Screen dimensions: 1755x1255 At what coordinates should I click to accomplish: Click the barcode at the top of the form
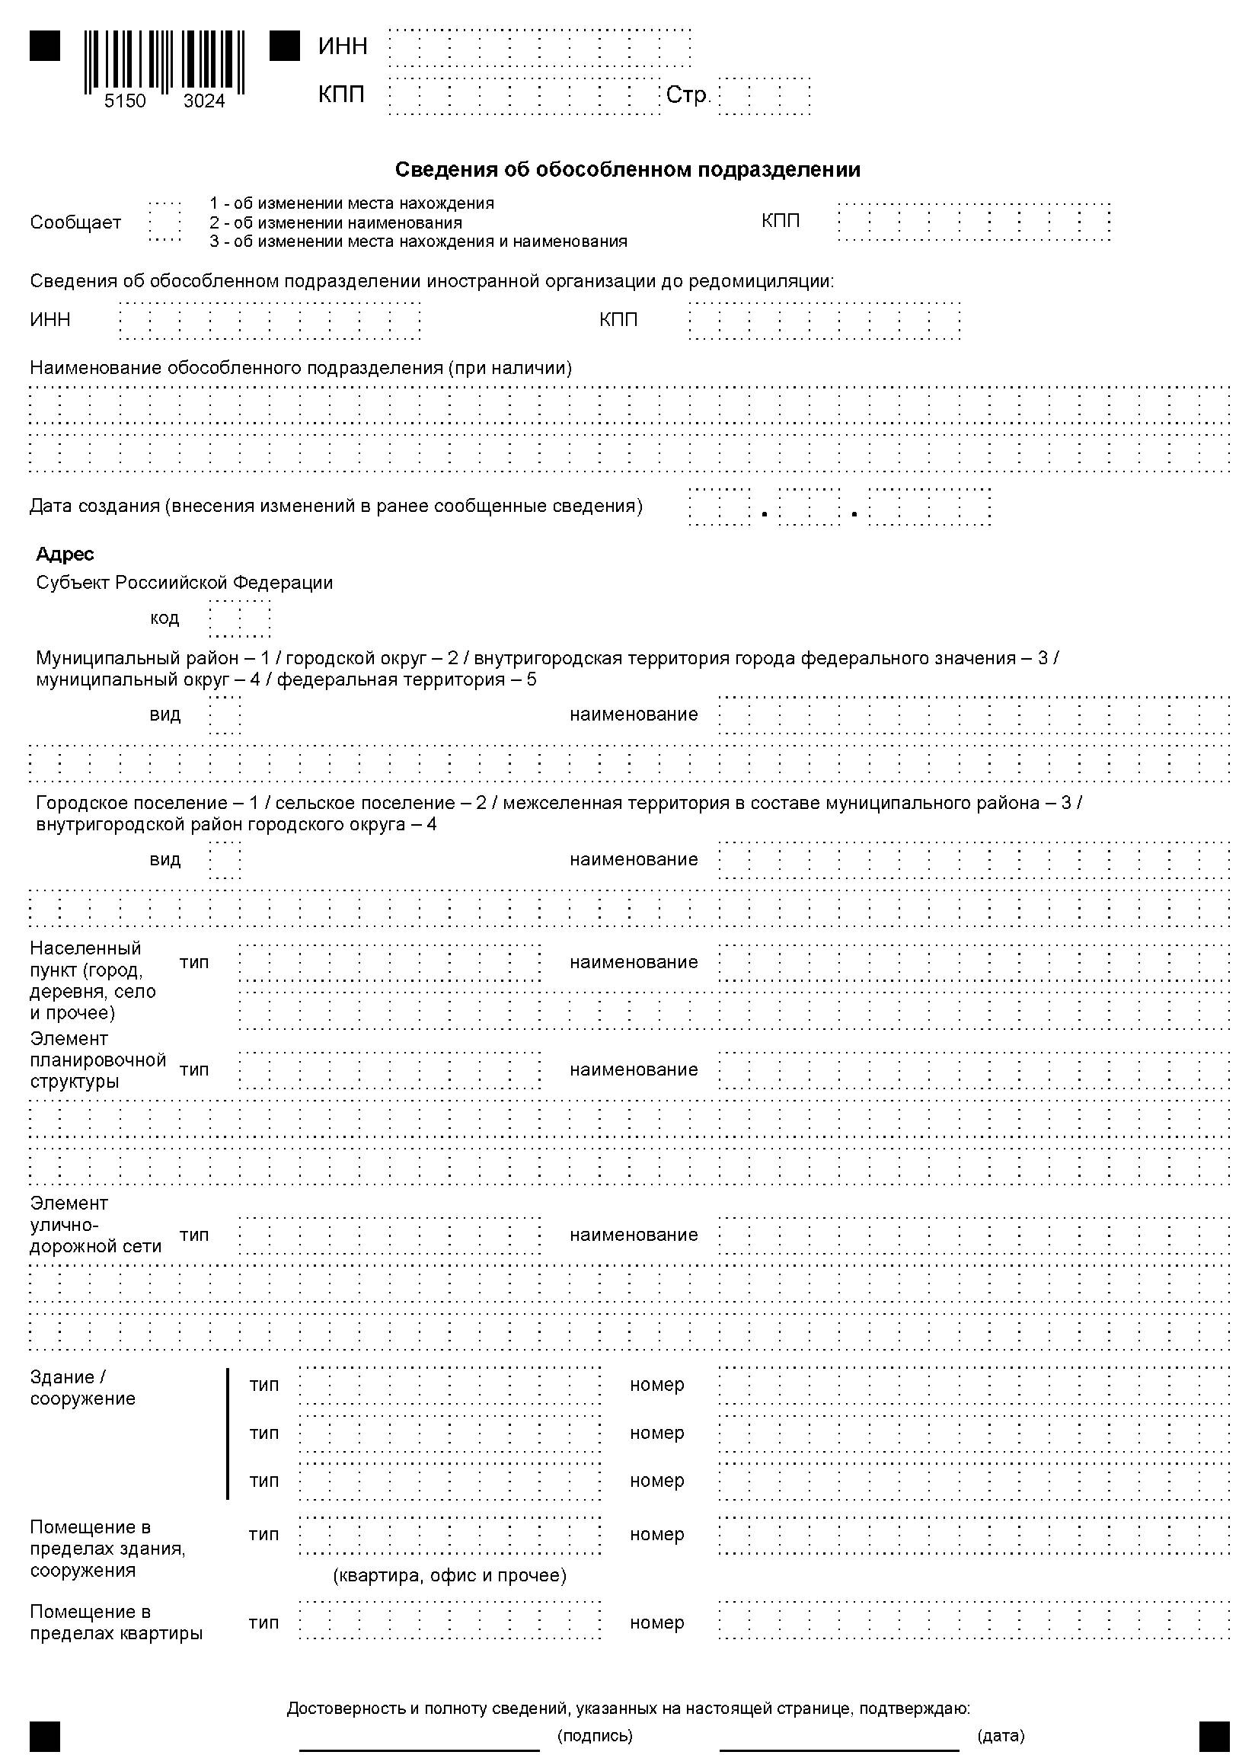click(x=164, y=60)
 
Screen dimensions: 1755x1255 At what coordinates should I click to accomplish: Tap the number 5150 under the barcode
click(x=124, y=101)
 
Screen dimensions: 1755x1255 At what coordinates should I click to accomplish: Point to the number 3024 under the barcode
click(x=204, y=101)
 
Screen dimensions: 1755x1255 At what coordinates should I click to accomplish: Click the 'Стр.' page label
click(x=687, y=95)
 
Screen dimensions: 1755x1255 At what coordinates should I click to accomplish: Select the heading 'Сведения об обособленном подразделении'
click(x=627, y=170)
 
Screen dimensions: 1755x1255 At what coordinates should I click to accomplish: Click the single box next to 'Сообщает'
click(x=164, y=222)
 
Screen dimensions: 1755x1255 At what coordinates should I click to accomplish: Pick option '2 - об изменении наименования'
click(x=335, y=222)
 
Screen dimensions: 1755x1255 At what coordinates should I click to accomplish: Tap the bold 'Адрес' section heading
click(x=65, y=554)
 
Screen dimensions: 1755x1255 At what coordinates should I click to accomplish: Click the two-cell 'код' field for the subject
click(x=240, y=619)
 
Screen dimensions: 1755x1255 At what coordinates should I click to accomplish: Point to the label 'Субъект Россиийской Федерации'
click(x=185, y=583)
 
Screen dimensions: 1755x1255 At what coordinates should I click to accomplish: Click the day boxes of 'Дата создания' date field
click(x=719, y=507)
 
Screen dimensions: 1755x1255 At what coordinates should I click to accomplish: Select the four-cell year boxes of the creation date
click(x=929, y=507)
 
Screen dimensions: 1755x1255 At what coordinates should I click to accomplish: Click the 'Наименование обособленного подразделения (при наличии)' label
click(x=301, y=368)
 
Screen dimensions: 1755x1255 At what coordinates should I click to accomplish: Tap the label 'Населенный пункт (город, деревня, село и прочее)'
click(x=93, y=980)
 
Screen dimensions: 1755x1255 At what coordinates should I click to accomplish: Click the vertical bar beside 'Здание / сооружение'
click(x=228, y=1434)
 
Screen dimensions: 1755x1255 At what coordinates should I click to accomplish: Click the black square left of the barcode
click(x=45, y=46)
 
